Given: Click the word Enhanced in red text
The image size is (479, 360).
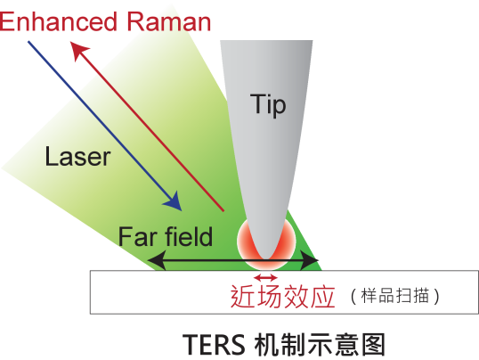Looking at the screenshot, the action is (x=59, y=22).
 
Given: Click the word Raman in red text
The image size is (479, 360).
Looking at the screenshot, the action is (x=168, y=22).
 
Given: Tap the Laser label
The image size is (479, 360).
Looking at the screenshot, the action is (x=77, y=156).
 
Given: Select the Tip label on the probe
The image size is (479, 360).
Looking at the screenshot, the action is (x=268, y=105).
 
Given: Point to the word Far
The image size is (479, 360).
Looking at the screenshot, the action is (x=136, y=236).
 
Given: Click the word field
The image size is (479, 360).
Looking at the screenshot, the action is (x=189, y=236).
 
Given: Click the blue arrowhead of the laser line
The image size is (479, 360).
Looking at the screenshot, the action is (x=174, y=202).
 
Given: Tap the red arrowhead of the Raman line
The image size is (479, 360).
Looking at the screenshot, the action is (x=79, y=51).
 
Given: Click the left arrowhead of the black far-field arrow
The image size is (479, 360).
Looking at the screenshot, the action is (x=157, y=260).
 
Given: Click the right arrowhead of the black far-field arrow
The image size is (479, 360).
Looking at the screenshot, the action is (x=310, y=260).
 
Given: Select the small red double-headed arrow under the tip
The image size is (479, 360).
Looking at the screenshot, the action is (x=266, y=277).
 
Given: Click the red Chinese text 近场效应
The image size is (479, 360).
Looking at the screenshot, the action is (x=282, y=296).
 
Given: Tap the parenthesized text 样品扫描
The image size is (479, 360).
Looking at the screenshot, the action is (x=395, y=296).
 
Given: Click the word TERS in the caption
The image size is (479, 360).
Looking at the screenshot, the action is (x=214, y=344).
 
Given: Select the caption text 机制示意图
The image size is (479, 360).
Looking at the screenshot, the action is (x=320, y=344).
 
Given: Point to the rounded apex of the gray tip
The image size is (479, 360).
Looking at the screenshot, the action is (x=265, y=258).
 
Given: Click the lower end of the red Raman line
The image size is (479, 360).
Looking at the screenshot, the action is (x=223, y=210).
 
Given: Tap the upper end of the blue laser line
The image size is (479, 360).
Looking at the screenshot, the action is (x=28, y=41).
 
